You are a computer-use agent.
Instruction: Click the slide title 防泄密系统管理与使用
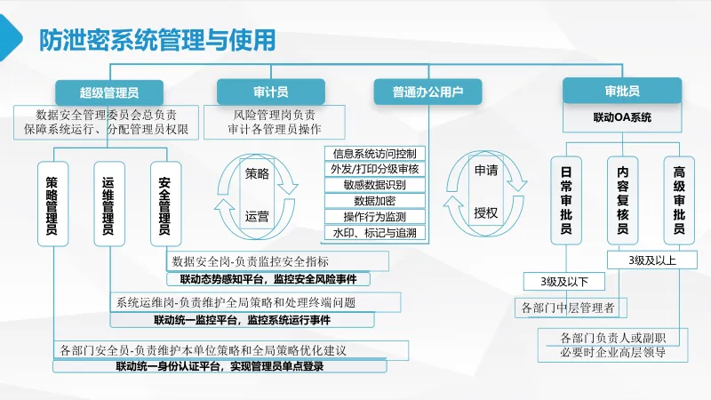[156, 40]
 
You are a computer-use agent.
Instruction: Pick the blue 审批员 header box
[621, 91]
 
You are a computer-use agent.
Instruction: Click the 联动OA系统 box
[622, 117]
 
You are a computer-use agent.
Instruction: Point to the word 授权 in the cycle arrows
[485, 212]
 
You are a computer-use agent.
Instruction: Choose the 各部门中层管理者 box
[571, 308]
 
